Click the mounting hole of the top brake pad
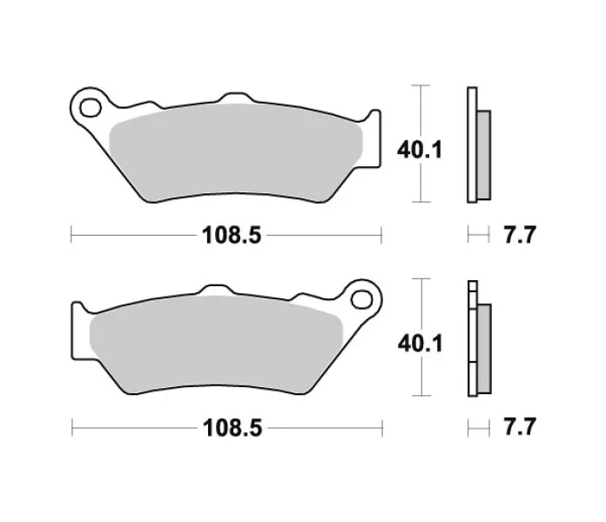[x=91, y=108]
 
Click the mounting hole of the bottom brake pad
[x=361, y=299]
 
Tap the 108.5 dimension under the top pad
[x=232, y=235]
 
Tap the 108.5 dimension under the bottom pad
[x=232, y=428]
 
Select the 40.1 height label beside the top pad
[x=420, y=150]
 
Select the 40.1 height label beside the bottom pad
[x=421, y=344]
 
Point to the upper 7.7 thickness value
[x=520, y=234]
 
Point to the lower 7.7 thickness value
[x=520, y=426]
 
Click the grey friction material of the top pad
[x=236, y=152]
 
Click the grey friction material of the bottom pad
[x=216, y=345]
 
